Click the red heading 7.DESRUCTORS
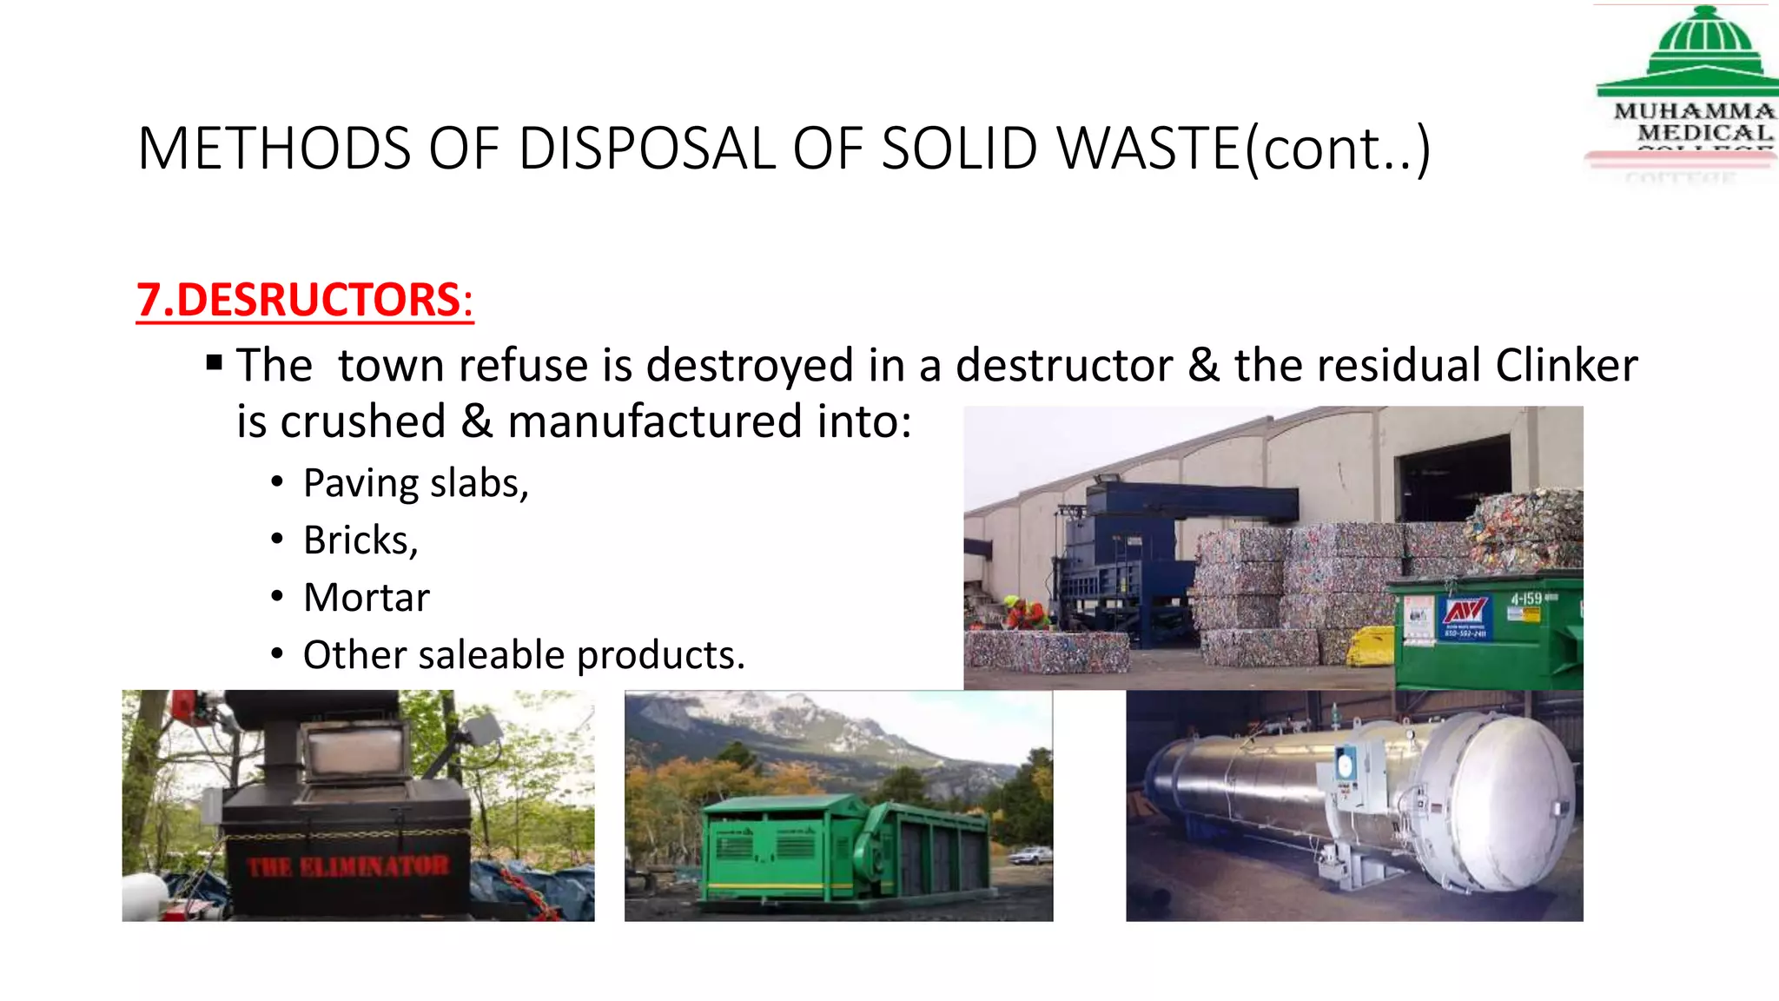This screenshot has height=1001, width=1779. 304,300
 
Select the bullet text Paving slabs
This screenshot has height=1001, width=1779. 415,483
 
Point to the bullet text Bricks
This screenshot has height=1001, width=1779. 360,540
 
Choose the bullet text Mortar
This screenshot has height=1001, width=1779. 367,598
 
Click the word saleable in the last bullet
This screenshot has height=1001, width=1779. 492,655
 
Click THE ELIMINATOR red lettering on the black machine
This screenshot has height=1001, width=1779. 348,866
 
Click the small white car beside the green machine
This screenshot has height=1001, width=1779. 1030,856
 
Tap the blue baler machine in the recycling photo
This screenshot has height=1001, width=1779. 1121,556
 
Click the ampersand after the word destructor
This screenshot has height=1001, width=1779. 1203,365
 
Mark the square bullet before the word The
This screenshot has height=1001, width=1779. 215,361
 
